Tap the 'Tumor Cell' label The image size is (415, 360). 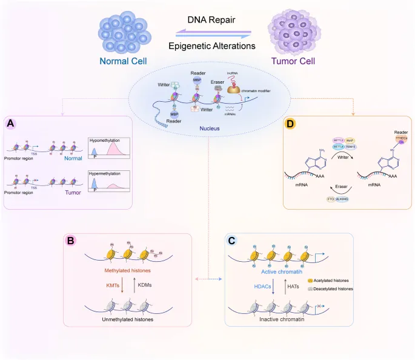[294, 61]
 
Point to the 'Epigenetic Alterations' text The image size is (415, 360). [210, 45]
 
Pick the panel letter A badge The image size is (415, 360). [12, 124]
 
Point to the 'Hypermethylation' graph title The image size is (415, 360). [106, 173]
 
